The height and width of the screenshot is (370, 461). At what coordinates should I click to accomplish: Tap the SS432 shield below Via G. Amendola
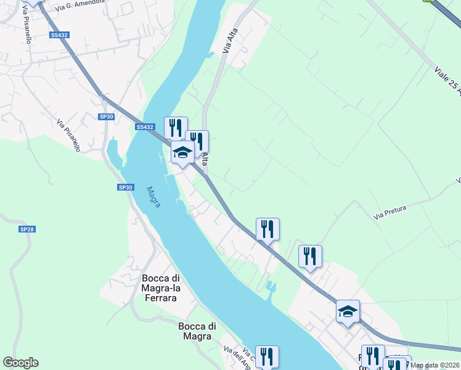(x=60, y=35)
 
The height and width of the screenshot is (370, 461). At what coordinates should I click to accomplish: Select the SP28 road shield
(x=27, y=229)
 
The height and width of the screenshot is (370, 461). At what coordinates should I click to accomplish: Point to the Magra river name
(x=153, y=197)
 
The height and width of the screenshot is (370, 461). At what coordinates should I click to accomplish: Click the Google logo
(x=21, y=363)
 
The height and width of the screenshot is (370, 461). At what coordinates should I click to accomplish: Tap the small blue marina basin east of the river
(x=272, y=287)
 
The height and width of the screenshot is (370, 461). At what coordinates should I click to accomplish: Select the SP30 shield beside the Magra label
(x=125, y=187)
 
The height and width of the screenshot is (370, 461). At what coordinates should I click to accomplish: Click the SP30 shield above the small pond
(x=107, y=117)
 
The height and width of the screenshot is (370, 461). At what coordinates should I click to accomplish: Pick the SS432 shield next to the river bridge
(x=145, y=127)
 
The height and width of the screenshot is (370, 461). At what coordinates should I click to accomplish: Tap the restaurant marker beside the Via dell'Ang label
(x=267, y=356)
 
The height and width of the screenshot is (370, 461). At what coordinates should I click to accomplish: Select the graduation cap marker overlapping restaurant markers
(x=182, y=152)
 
